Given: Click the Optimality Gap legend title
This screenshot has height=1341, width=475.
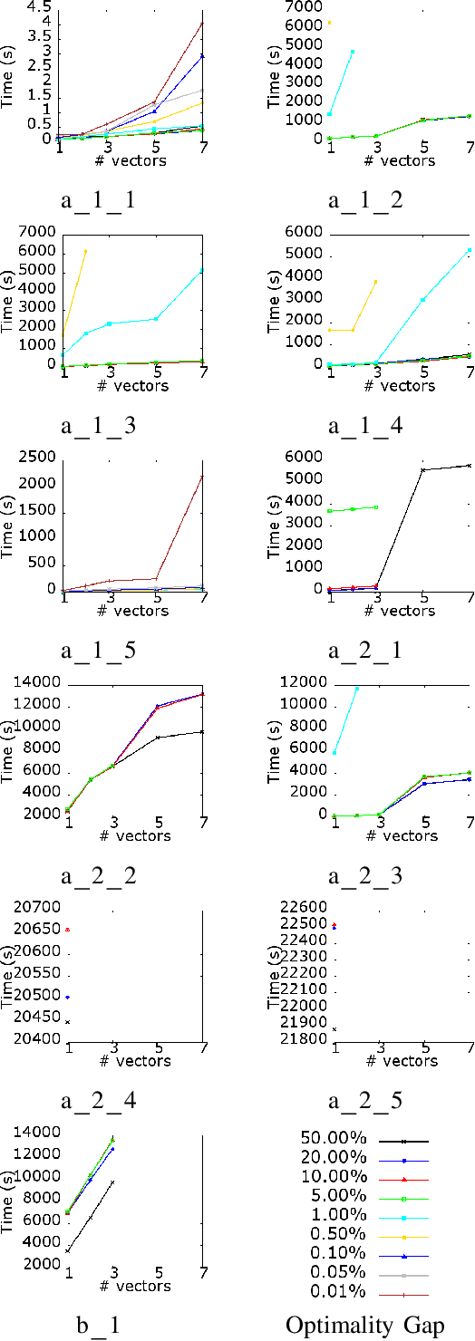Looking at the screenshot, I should [365, 1325].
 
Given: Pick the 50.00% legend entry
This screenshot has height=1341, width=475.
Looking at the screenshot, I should [333, 1136].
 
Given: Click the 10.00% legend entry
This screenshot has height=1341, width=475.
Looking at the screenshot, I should [333, 1175].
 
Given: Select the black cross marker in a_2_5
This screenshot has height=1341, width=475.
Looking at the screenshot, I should [334, 1029].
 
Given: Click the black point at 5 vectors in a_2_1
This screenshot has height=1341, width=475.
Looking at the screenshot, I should [423, 469].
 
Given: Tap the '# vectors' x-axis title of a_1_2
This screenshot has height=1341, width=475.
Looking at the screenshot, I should [401, 161].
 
